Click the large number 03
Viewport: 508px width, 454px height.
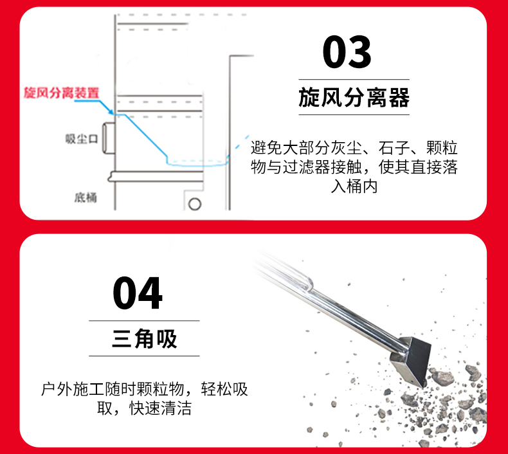click(x=347, y=53)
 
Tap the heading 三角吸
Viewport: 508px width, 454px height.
click(x=144, y=338)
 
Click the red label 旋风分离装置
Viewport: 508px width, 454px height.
click(x=61, y=93)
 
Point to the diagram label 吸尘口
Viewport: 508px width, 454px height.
click(x=81, y=139)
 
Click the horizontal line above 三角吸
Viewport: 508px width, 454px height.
click(x=144, y=320)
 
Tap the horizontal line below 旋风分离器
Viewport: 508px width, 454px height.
click(x=354, y=115)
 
